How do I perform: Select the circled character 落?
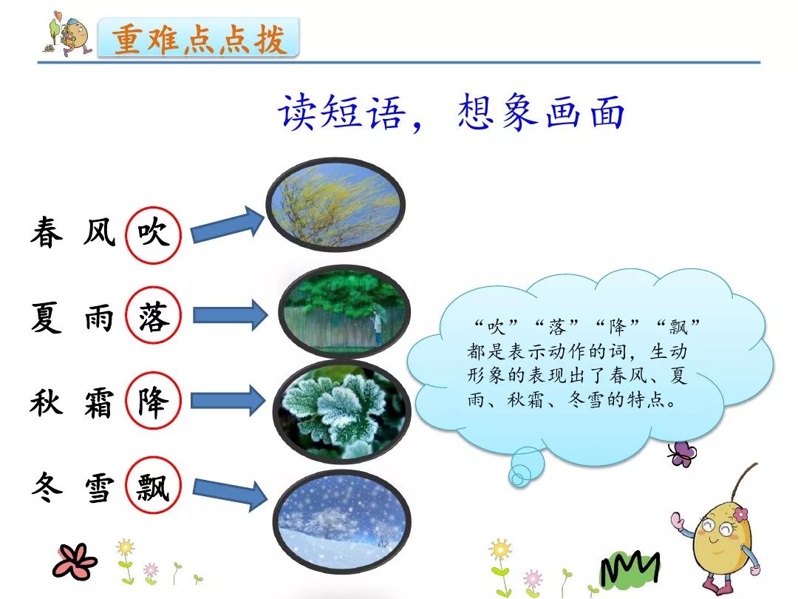[153, 317]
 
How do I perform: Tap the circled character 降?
[153, 401]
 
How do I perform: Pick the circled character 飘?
[153, 487]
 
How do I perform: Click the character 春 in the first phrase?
[47, 233]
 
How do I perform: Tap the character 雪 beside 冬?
[99, 487]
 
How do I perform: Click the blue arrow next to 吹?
[228, 225]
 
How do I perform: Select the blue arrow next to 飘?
[230, 492]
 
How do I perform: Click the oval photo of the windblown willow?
[336, 205]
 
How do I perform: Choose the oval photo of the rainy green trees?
[344, 311]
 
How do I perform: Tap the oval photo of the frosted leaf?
[341, 412]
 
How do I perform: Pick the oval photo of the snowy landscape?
[341, 521]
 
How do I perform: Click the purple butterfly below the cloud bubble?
[682, 453]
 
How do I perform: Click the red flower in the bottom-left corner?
[75, 562]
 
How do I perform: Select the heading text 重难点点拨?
[199, 38]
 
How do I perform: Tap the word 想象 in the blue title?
[496, 112]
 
